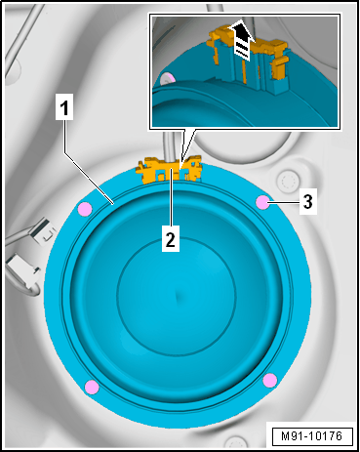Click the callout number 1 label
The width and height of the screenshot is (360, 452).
pyautogui.click(x=64, y=106)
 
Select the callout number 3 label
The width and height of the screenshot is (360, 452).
pyautogui.click(x=307, y=201)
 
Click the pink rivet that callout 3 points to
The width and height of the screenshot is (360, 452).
pyautogui.click(x=262, y=203)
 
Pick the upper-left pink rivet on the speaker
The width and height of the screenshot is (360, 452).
pyautogui.click(x=85, y=208)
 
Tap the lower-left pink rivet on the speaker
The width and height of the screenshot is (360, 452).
pyautogui.click(x=92, y=387)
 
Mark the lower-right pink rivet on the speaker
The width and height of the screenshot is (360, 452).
pyautogui.click(x=270, y=380)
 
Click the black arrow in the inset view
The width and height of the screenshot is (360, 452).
pyautogui.click(x=242, y=41)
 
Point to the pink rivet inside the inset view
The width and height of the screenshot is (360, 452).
pyautogui.click(x=168, y=78)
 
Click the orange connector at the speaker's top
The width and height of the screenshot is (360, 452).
pyautogui.click(x=169, y=170)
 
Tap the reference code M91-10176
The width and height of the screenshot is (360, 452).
pyautogui.click(x=312, y=436)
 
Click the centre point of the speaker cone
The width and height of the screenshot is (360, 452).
pyautogui.click(x=177, y=295)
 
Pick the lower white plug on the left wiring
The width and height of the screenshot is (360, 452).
pyautogui.click(x=22, y=270)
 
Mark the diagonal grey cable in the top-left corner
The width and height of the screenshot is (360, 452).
pyautogui.click(x=24, y=36)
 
